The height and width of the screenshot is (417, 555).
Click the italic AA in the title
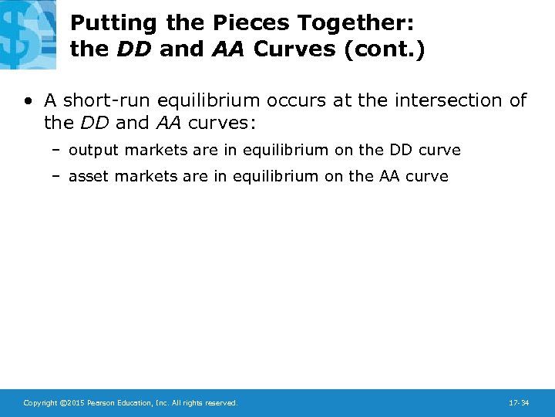[x=225, y=49]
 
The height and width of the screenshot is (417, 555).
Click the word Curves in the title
[x=296, y=49]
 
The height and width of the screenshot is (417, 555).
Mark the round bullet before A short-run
[x=28, y=101]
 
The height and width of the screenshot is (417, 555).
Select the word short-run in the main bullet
[x=99, y=100]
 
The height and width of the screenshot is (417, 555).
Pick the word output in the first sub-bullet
[x=94, y=151]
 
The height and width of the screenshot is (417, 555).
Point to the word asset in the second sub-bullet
[x=88, y=176]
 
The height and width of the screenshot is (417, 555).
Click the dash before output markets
[x=57, y=151]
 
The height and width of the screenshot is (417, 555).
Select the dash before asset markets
[x=57, y=176]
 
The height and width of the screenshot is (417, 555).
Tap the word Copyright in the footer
[x=40, y=403]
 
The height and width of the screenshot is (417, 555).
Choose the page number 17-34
[x=519, y=403]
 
